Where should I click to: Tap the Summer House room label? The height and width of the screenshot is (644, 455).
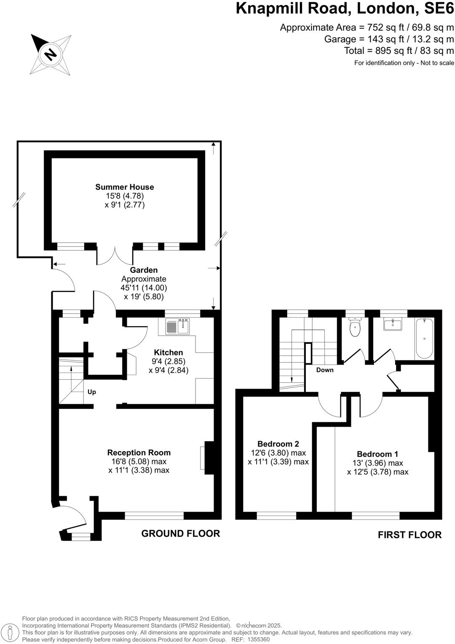124,187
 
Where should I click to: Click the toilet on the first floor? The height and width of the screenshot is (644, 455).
355,328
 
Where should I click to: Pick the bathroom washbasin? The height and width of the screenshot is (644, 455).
393,324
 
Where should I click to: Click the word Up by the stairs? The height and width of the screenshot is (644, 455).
92,392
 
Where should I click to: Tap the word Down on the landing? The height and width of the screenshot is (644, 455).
325,370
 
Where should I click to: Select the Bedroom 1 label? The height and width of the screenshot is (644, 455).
377,454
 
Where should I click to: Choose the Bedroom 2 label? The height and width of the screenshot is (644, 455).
278,444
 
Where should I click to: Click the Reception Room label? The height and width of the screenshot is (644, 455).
139,453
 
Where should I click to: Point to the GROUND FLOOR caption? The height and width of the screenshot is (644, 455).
180,534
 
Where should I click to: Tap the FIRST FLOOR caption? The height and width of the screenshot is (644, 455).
409,535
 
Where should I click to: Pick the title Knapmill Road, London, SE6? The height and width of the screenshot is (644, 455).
345,8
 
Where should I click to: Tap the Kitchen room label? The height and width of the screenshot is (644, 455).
168,352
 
